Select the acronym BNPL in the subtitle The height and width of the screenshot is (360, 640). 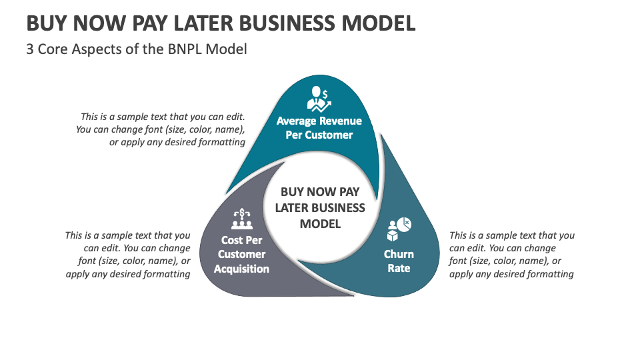(x=182, y=49)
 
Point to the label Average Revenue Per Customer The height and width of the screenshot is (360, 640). (x=319, y=128)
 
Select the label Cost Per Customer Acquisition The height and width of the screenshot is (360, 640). (x=241, y=255)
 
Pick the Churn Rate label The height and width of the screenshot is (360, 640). (x=399, y=261)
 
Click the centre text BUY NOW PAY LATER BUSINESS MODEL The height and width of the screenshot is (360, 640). (x=320, y=207)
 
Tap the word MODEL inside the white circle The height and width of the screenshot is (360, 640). (x=320, y=223)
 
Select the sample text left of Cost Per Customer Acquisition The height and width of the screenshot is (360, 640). (x=128, y=255)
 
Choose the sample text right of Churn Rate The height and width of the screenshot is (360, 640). (x=511, y=255)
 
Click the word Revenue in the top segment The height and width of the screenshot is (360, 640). (x=341, y=121)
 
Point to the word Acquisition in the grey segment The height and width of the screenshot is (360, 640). (x=241, y=269)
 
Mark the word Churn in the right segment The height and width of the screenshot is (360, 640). (x=399, y=254)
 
